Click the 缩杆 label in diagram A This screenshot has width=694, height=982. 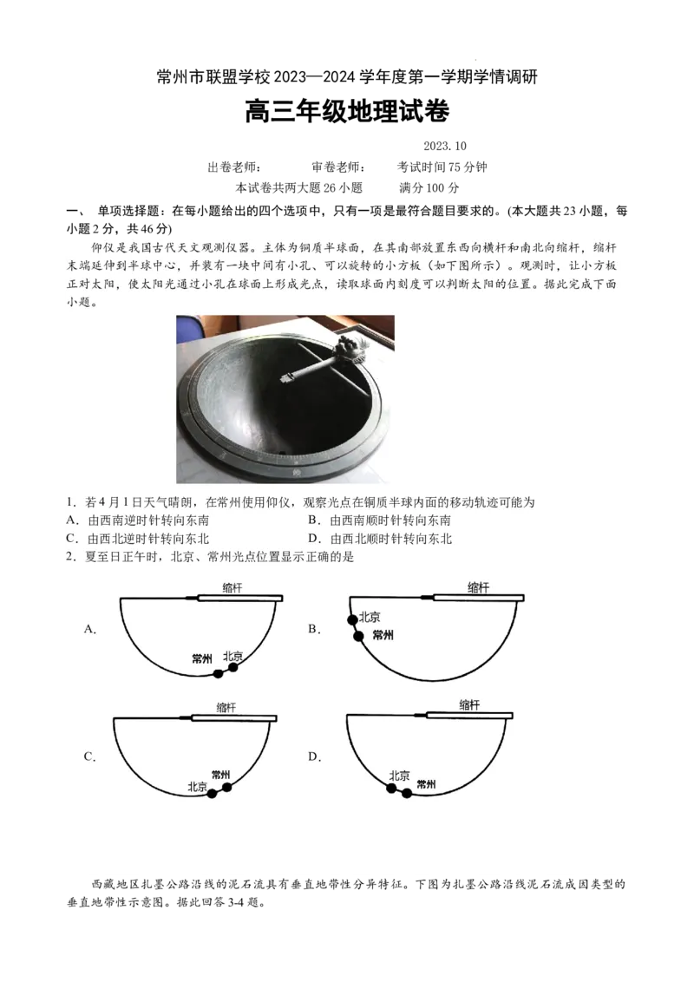tap(232, 587)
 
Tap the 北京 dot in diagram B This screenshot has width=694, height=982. tap(352, 619)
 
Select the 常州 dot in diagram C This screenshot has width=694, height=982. tap(227, 787)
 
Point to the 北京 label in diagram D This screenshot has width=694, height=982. tap(399, 776)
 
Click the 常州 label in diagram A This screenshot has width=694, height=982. tap(202, 658)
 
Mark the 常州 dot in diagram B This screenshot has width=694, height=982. tap(358, 636)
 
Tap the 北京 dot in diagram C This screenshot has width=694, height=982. tap(213, 793)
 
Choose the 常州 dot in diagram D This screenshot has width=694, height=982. tap(406, 793)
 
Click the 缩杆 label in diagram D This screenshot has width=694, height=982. tap(469, 705)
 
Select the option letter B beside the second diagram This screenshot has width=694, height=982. tap(314, 629)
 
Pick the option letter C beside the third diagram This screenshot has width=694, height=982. tap(89, 756)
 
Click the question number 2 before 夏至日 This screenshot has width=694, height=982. tap(69, 557)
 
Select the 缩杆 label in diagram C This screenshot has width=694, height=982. tap(226, 707)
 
